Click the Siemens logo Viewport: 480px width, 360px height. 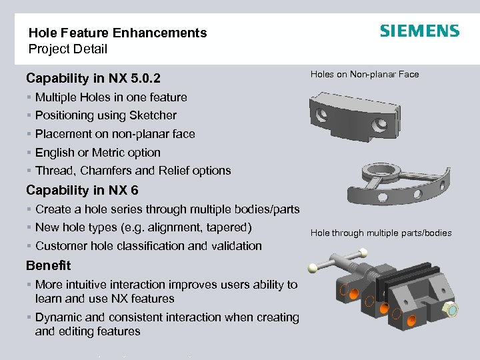tap(419, 31)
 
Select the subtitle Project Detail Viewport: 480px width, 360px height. tap(67, 49)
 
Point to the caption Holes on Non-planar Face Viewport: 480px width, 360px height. tap(365, 74)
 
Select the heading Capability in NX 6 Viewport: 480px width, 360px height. tap(82, 191)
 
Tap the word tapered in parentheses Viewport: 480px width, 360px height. tap(229, 227)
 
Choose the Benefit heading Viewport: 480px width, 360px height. tap(48, 265)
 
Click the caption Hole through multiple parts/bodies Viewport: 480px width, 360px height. tap(381, 233)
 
